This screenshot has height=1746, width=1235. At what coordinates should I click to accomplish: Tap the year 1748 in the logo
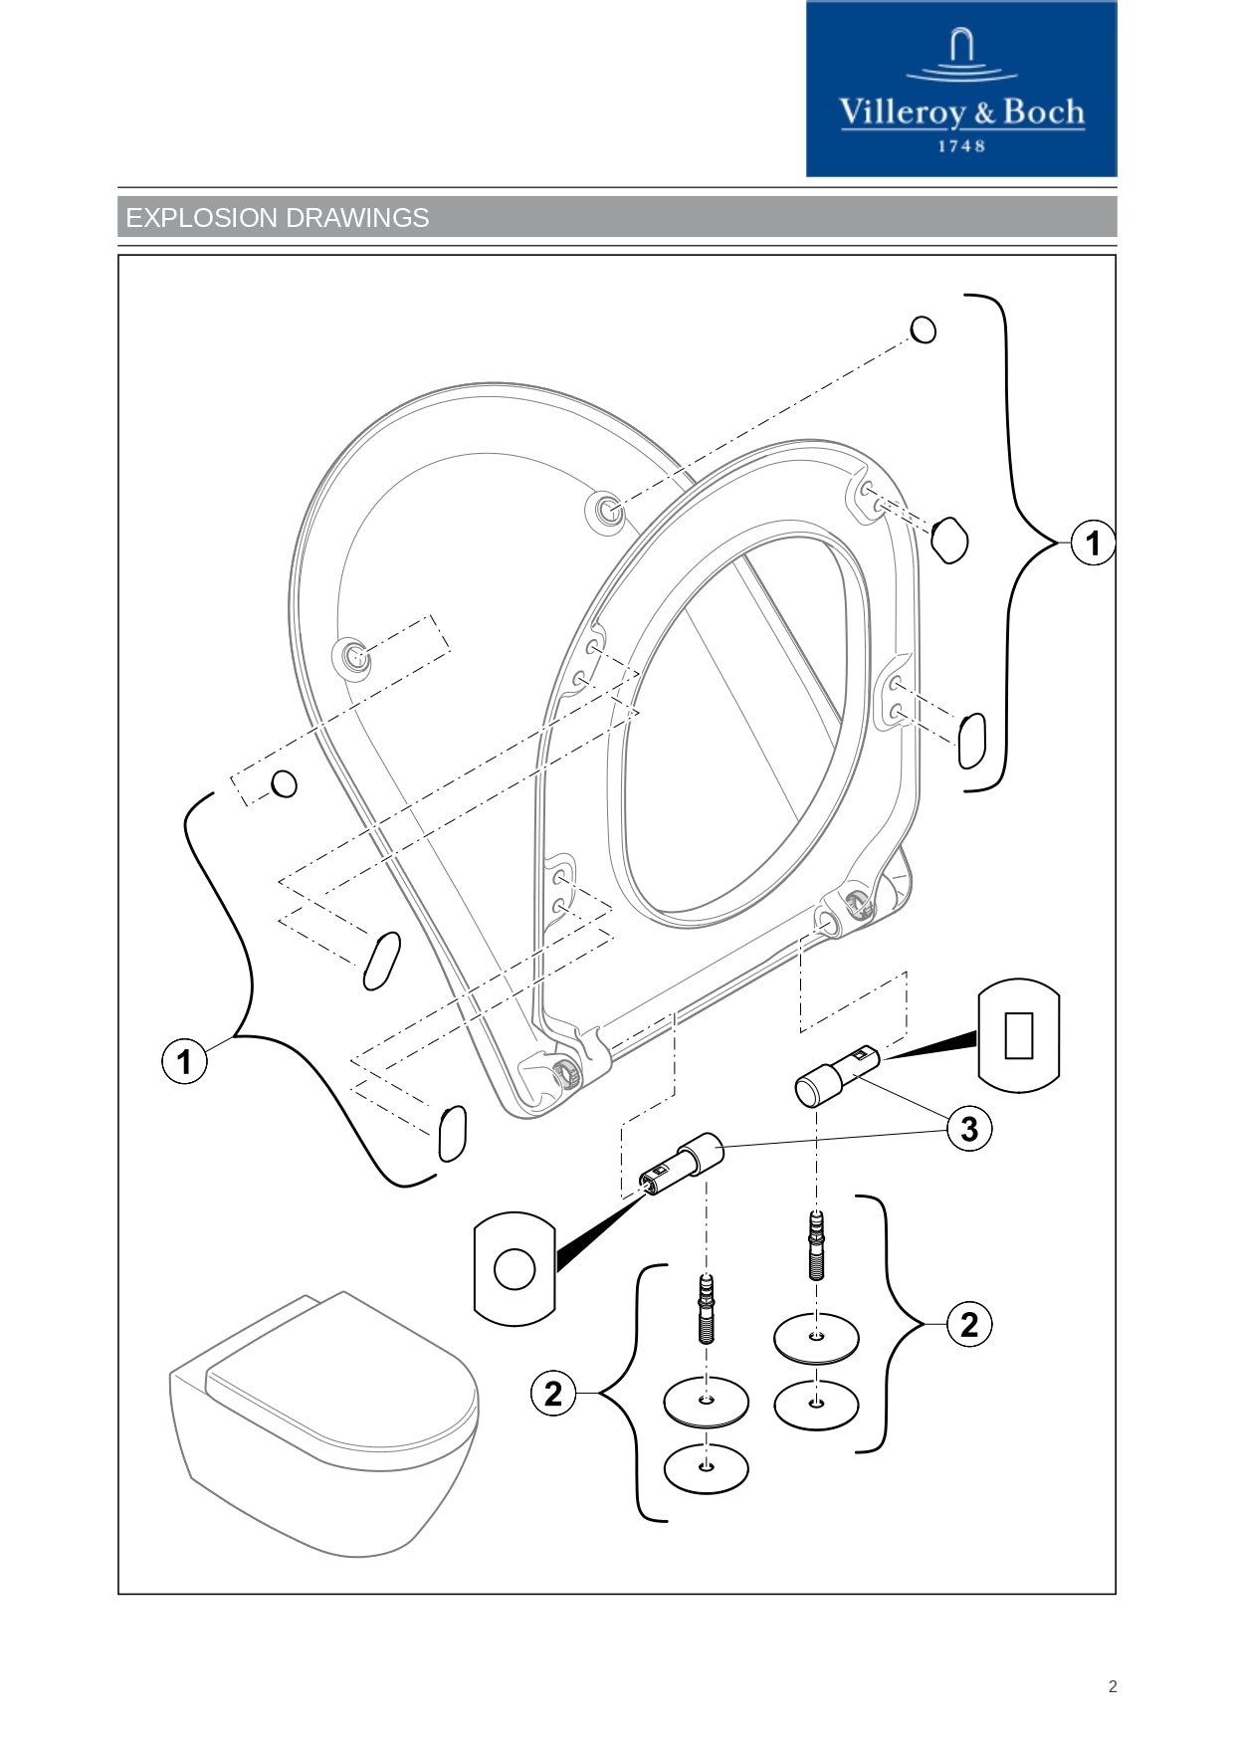coord(961,146)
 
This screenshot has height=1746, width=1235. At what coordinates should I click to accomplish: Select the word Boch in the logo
coord(1043,112)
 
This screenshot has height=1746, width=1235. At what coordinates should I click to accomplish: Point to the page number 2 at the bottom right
coord(1113,1686)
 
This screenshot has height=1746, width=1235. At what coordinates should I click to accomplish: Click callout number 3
coord(968,1129)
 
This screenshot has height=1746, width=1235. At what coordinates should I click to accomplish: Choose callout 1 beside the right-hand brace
coord(1093,543)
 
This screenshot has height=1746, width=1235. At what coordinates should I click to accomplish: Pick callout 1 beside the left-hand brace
coord(184,1061)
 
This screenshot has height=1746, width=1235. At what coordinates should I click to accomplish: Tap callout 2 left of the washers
coord(553,1393)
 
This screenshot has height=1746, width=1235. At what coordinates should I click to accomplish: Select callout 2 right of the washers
coord(968,1325)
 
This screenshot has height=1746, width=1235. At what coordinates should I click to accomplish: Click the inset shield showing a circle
coord(515,1268)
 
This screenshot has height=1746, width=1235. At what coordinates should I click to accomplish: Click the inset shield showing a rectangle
coord(1019,1035)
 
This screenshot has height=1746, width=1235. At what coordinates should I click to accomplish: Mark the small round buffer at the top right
coord(924,329)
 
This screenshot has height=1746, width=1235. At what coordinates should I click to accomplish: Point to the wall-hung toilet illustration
coord(324,1423)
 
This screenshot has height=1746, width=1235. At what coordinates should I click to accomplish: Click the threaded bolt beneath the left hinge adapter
coord(707,1308)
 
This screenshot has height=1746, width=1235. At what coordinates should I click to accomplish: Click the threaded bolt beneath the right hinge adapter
coord(817,1244)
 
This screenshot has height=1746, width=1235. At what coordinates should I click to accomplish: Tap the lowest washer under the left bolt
coord(706,1467)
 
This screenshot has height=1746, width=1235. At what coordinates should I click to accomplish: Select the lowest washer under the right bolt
coord(816,1404)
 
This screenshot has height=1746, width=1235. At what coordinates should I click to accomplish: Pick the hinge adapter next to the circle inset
coord(683,1164)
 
